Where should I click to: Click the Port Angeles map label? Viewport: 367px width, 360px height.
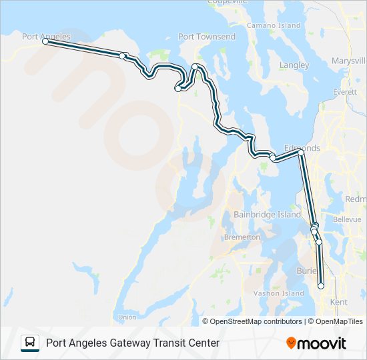46,37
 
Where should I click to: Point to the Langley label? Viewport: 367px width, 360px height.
294,65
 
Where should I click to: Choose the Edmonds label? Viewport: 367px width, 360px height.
302,148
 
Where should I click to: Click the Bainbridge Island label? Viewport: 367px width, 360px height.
268,215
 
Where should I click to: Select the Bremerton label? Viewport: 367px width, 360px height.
242,237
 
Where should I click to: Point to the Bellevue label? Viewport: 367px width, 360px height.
346,219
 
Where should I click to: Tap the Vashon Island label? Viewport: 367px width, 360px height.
278,293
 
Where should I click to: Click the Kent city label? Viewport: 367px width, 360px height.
339,302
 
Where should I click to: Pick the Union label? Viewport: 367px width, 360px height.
127,317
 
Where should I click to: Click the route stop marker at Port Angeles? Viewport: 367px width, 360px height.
45,41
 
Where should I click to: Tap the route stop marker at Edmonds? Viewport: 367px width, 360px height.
301,153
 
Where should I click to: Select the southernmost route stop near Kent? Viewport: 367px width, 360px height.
321,286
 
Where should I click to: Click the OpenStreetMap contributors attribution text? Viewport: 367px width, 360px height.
256,321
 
